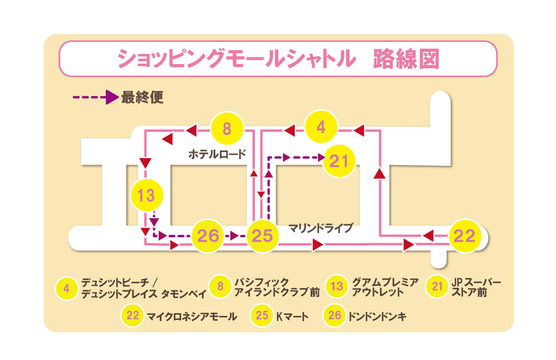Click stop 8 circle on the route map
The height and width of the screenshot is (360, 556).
coord(228,129)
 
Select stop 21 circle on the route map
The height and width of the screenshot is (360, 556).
coord(339,161)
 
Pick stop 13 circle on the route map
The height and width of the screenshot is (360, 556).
coord(146,196)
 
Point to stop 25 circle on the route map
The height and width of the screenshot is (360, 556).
coord(263,236)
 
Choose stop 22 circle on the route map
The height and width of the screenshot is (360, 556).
coord(465,236)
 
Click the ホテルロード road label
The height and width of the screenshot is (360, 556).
coord(217,154)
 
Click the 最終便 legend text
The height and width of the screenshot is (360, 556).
coord(142,97)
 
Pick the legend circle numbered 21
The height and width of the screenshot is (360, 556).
coord(437,287)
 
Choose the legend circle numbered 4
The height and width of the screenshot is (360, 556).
coord(67,288)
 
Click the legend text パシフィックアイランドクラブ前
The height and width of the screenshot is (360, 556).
coord(277,287)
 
